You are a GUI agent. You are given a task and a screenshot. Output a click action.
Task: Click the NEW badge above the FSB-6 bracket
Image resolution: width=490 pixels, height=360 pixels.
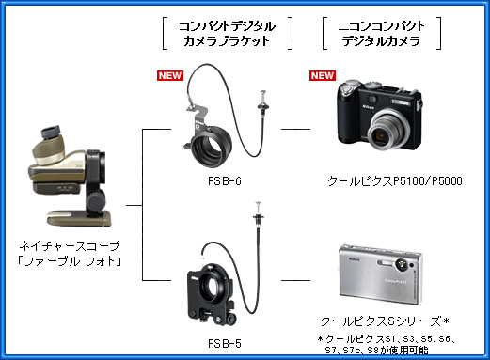pyautogui.click(x=170, y=75)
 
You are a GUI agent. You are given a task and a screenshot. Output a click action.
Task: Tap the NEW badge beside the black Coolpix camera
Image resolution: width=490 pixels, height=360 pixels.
pyautogui.click(x=323, y=75)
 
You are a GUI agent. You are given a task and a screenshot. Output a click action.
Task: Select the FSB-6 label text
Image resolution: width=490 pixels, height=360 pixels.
pyautogui.click(x=225, y=181)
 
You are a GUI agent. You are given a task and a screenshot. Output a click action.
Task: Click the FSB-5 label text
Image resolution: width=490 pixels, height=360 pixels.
pyautogui.click(x=225, y=344)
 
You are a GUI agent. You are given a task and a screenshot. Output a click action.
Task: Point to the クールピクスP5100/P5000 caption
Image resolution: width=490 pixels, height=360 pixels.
pyautogui.click(x=395, y=181)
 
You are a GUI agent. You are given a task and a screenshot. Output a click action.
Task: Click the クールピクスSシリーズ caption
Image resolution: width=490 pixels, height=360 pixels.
pyautogui.click(x=385, y=321)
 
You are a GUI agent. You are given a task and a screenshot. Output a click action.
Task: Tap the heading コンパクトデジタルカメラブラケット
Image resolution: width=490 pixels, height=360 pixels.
pyautogui.click(x=228, y=34)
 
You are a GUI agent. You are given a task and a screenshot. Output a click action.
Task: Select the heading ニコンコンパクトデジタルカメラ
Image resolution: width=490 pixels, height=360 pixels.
pyautogui.click(x=382, y=34)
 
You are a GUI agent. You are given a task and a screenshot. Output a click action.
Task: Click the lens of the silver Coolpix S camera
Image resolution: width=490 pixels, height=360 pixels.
pyautogui.click(x=401, y=265)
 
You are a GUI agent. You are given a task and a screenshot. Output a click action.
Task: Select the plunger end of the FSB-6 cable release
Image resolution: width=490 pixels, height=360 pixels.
pyautogui.click(x=262, y=94)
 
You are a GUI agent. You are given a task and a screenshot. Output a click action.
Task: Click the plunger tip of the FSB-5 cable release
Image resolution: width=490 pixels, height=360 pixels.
pyautogui.click(x=259, y=204)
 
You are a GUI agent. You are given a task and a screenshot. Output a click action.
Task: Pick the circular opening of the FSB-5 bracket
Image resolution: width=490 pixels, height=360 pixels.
pyautogui.click(x=208, y=286)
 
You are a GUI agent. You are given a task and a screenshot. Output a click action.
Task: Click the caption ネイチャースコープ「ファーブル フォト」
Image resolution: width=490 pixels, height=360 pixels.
pyautogui.click(x=70, y=254)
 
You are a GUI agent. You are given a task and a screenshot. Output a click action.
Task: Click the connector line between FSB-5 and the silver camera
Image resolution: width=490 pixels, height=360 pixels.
pyautogui.click(x=295, y=280)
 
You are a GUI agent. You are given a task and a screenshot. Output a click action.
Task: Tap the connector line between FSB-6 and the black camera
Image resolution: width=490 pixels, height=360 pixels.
pyautogui.click(x=295, y=129)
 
